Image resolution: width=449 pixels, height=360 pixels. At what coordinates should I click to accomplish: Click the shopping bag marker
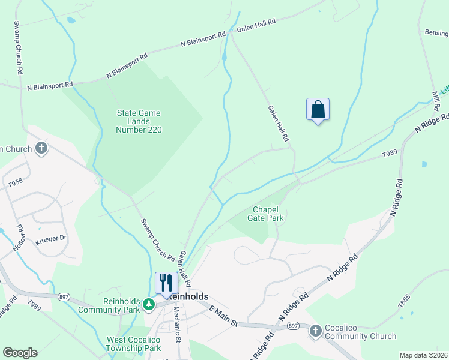[x=318, y=110]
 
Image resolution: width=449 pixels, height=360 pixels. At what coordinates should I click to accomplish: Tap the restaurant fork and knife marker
[x=166, y=283]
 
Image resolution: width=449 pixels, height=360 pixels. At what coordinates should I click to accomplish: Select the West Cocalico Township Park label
[x=133, y=344]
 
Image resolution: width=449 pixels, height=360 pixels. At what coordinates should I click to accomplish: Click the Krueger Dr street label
[x=50, y=238]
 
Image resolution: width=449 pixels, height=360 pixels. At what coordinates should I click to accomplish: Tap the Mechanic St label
[x=177, y=324]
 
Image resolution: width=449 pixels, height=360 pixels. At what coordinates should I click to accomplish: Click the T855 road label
[x=404, y=301]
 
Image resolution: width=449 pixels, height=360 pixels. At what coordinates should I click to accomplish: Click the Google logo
[x=20, y=353]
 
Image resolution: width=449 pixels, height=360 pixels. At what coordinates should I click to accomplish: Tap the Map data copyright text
[x=423, y=355]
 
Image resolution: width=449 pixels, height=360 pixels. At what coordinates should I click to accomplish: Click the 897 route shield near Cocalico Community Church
[x=293, y=325]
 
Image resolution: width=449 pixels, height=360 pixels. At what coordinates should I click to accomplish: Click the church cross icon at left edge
[x=41, y=148]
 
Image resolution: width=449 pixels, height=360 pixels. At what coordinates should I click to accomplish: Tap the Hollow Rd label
[x=20, y=238]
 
